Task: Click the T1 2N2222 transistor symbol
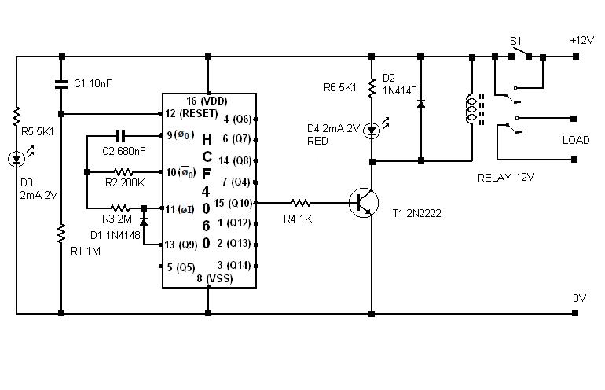(364, 203)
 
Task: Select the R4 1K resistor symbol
(301, 202)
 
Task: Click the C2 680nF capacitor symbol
(121, 135)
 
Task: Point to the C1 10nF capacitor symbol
(61, 84)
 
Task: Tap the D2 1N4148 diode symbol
(421, 104)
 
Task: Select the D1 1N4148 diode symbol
(144, 222)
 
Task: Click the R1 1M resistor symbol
(61, 234)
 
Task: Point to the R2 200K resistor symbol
(123, 172)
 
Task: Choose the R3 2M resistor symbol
(120, 208)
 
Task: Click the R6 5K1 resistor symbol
(372, 87)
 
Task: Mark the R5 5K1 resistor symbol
(16, 116)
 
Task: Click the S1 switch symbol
(520, 53)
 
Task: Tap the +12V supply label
(582, 40)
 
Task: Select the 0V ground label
(580, 298)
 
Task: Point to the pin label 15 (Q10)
(233, 203)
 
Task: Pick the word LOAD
(576, 140)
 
